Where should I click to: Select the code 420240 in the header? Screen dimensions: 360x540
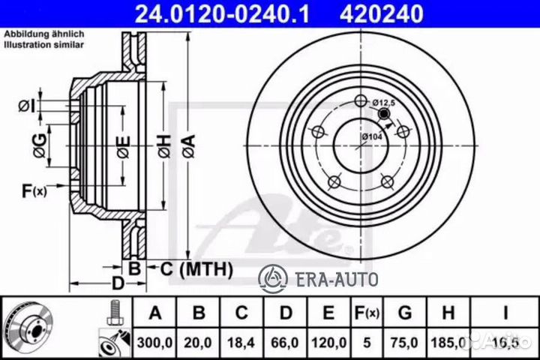pyautogui.click(x=373, y=13)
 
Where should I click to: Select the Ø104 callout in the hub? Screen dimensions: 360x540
pyautogui.click(x=372, y=137)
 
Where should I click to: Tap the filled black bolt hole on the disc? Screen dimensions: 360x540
pyautogui.click(x=385, y=114)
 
